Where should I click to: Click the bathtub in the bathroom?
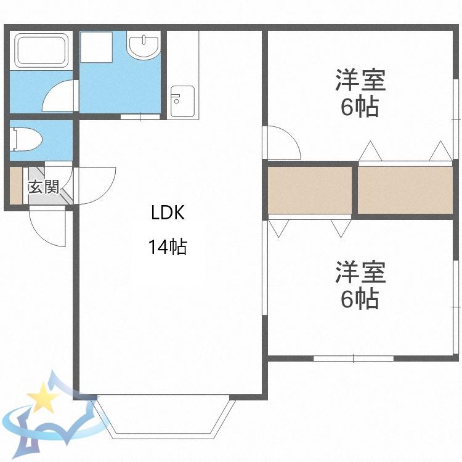pyautogui.click(x=41, y=49)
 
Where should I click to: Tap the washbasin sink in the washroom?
pyautogui.click(x=144, y=45)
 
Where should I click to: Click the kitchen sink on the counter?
pyautogui.click(x=183, y=101)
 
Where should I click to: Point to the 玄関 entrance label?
pyautogui.click(x=44, y=187)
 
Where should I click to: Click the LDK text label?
pyautogui.click(x=168, y=213)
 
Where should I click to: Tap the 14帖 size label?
pyautogui.click(x=168, y=246)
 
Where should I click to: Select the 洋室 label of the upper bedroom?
pyautogui.click(x=360, y=79)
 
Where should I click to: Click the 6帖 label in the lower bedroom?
pyautogui.click(x=360, y=299)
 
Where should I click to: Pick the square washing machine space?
pyautogui.click(x=96, y=47)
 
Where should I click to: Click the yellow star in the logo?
pyautogui.click(x=43, y=397)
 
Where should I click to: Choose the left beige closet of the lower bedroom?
pyautogui.click(x=310, y=190)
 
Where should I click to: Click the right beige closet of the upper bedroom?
pyautogui.click(x=405, y=190)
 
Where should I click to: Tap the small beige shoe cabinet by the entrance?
pyautogui.click(x=16, y=185)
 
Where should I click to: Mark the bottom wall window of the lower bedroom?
pyautogui.click(x=354, y=359)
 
